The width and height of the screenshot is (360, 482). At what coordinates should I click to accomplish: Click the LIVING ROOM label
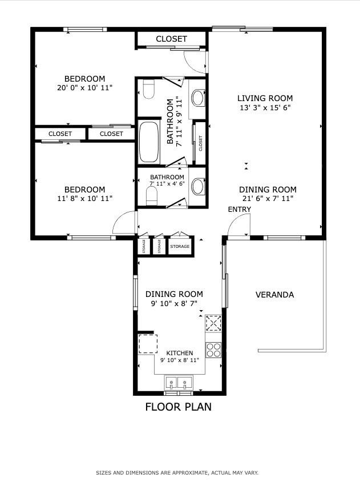pos(265,98)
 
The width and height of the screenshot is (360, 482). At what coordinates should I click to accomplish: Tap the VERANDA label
pos(274,295)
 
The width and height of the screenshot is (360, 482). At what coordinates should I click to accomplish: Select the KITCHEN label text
pos(180,353)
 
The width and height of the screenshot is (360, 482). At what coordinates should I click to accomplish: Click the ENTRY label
pos(240,210)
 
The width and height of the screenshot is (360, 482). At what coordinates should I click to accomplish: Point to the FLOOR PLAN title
pos(178,407)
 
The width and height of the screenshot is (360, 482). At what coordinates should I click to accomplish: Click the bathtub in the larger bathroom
pos(149,142)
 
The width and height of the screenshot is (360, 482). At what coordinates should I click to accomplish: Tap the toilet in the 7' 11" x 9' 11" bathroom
pos(149,90)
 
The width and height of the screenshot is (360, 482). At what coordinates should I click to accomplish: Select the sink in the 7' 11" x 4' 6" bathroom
pos(198,186)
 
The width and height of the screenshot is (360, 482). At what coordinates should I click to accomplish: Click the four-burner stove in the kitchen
pos(213,350)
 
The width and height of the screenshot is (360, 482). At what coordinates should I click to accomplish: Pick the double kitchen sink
pos(179,383)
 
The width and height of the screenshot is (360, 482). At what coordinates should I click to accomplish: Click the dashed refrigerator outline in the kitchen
pos(148,344)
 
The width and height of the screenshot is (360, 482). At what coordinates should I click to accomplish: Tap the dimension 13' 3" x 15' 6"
pos(265,107)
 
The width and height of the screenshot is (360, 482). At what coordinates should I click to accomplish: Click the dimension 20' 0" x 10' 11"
pos(85,87)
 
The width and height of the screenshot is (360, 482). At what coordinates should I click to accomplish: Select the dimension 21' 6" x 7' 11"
pos(268,199)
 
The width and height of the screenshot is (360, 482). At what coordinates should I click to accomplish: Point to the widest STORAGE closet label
pos(180,246)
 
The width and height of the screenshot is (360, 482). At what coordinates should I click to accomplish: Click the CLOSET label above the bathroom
pos(171,39)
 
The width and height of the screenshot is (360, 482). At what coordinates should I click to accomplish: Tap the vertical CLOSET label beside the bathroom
pos(201,143)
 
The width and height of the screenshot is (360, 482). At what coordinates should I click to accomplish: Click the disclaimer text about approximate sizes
pos(177,473)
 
